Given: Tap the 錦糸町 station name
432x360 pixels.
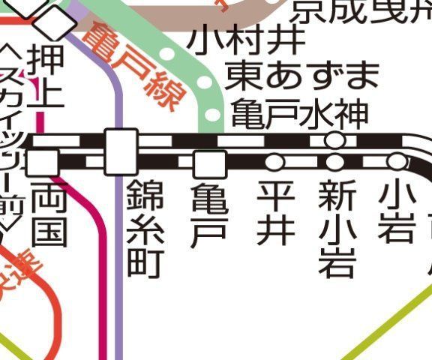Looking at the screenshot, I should point(145,228).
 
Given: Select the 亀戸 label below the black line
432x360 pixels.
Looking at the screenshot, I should point(209,214).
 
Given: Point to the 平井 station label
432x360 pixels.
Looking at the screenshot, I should point(276,213).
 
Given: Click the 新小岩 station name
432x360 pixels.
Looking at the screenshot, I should point(335,228).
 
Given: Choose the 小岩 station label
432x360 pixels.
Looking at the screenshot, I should point(395,213).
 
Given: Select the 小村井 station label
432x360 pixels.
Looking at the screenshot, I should point(247,39).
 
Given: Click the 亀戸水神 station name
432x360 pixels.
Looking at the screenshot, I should point(299,115).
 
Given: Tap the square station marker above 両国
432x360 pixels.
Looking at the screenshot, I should point(46,161).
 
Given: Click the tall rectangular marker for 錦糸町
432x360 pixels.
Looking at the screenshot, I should point(121,151).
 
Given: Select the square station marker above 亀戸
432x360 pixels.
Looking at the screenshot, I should point(209,163).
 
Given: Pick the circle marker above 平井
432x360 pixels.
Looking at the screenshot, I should point(274,162).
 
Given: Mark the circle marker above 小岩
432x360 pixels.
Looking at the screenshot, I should point(395,161).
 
